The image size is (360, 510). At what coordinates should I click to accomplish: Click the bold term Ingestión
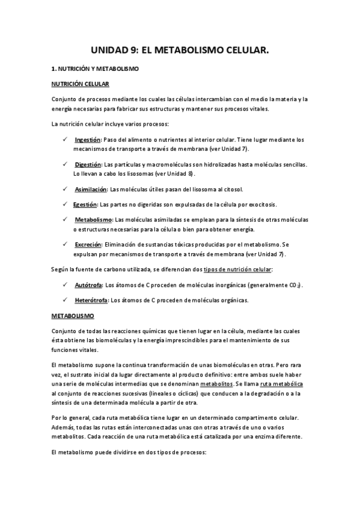(x=88, y=139)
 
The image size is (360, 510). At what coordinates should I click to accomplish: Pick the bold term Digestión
(x=88, y=164)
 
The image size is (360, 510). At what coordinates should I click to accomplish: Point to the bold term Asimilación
(x=91, y=189)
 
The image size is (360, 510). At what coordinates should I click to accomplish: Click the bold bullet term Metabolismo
(x=93, y=220)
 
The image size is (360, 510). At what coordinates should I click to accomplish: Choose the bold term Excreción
(x=88, y=244)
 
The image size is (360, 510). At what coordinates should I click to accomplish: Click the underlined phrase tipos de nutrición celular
(x=239, y=269)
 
